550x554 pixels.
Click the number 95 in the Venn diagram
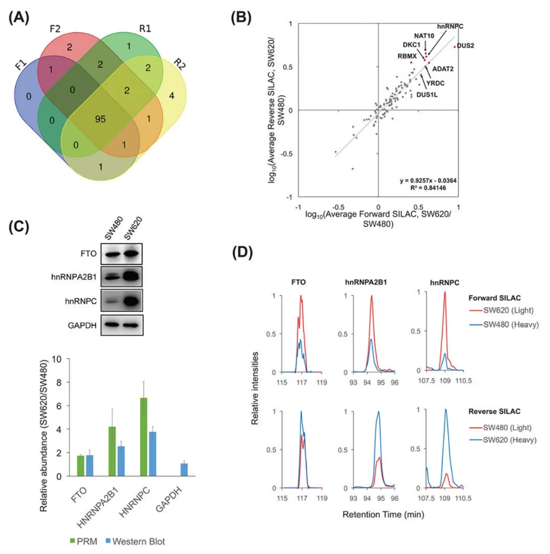tap(100, 119)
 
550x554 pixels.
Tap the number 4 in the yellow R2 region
tap(171, 96)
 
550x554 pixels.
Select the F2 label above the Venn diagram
tap(55, 29)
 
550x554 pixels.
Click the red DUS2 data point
tap(454, 46)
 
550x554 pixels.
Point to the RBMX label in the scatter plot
tap(407, 56)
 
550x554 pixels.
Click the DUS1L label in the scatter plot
tap(427, 95)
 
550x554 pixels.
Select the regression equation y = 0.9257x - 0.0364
tap(428, 180)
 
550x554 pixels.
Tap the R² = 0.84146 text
tap(428, 188)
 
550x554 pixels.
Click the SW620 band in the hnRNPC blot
tap(132, 301)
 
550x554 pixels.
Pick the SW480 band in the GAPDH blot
tap(112, 325)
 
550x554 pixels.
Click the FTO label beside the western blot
tap(88, 254)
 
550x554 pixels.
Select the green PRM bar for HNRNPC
tap(144, 437)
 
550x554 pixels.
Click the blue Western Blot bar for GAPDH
tap(184, 470)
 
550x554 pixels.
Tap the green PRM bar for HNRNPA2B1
tap(112, 451)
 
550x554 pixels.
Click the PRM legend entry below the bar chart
tap(83, 542)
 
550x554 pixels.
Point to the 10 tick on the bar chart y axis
tap(57, 359)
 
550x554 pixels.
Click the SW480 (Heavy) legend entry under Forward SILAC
tap(504, 325)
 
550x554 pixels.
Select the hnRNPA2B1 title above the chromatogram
tap(366, 282)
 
